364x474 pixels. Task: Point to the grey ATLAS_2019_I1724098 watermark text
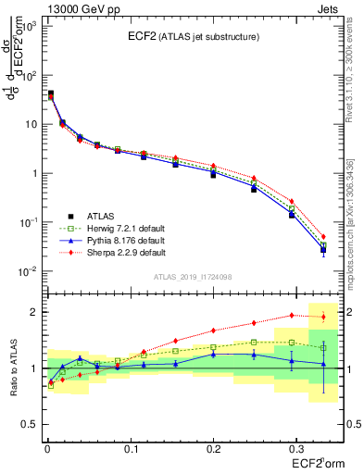tap(192, 276)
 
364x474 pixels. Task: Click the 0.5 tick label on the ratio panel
tap(30, 424)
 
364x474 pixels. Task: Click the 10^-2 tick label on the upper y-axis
tap(30, 271)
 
